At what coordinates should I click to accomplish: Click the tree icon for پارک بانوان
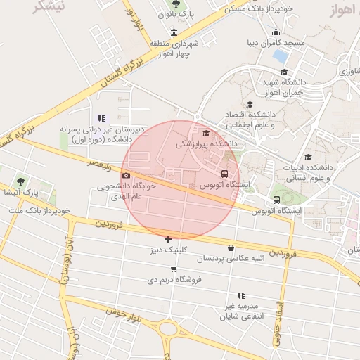pyautogui.click(x=176, y=3)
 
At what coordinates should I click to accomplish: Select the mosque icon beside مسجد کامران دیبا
pyautogui.click(x=276, y=32)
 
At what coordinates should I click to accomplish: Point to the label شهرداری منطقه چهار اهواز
pyautogui.click(x=174, y=48)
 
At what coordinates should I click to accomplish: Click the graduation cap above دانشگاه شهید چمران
pyautogui.click(x=284, y=72)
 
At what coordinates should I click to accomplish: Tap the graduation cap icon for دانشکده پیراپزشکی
pyautogui.click(x=206, y=133)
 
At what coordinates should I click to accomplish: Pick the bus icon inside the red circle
pyautogui.click(x=225, y=174)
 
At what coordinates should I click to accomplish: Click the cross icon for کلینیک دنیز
pyautogui.click(x=168, y=239)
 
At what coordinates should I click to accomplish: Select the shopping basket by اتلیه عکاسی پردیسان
pyautogui.click(x=231, y=247)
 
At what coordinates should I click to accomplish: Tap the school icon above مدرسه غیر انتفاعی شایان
pyautogui.click(x=241, y=295)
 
